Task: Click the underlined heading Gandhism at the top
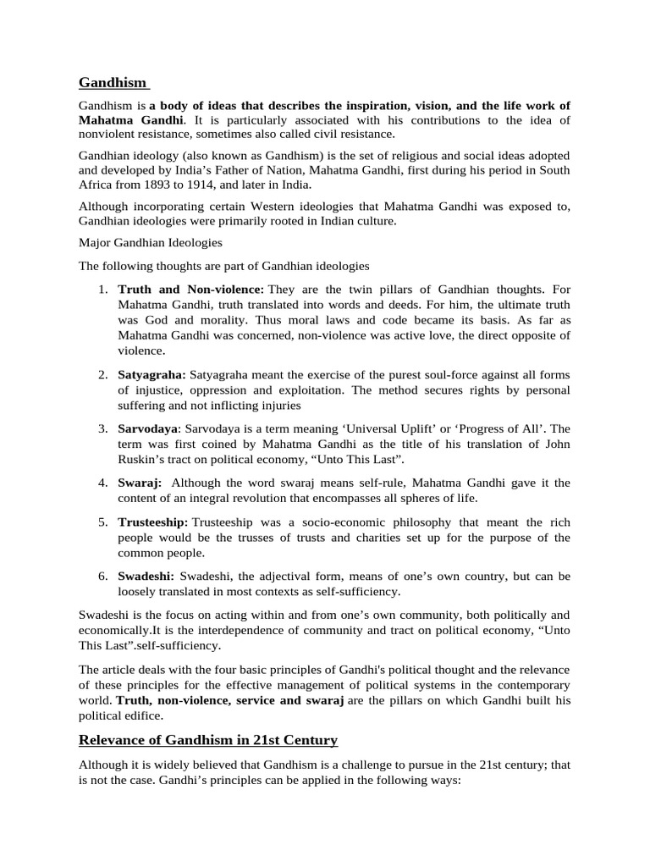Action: click(113, 82)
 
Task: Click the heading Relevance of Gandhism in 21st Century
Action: click(207, 740)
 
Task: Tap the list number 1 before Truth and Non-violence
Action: click(102, 290)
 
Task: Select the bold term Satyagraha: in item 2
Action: click(152, 374)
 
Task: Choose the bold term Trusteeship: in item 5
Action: click(153, 522)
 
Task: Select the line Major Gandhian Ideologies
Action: click(151, 242)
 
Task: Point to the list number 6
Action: click(102, 576)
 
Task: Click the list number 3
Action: click(102, 428)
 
